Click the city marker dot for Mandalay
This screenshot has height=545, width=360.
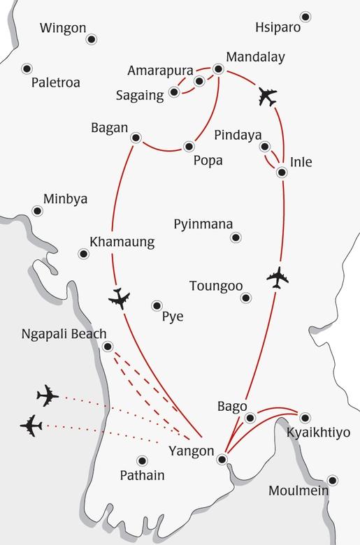218,69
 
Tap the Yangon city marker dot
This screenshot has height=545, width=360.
222,459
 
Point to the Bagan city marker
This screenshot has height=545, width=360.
136,137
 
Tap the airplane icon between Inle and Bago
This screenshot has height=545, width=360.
278,277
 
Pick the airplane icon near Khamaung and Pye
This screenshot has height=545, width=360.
120,298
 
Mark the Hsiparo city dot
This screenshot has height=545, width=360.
305,17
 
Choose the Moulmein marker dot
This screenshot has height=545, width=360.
332,480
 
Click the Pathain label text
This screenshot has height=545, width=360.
142,476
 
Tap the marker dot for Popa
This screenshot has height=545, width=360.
189,146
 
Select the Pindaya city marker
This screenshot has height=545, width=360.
264,147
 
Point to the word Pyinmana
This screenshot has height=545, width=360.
203,224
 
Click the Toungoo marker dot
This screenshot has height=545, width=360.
245,298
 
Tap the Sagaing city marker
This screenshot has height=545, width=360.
175,94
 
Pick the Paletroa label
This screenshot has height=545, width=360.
56,82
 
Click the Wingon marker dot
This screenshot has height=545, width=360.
91,39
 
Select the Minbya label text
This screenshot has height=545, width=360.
65,199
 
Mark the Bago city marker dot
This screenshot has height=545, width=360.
250,417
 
